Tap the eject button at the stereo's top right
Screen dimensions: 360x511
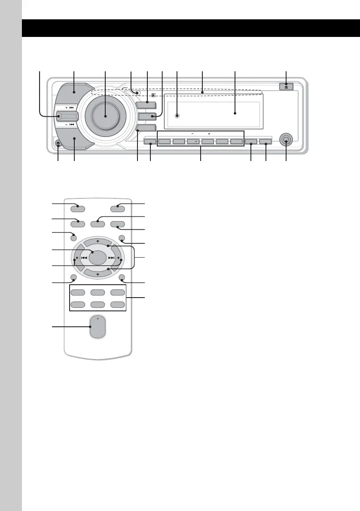(286, 86)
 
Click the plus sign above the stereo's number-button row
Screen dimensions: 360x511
(208, 133)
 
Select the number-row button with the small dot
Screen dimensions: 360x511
(194, 140)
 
